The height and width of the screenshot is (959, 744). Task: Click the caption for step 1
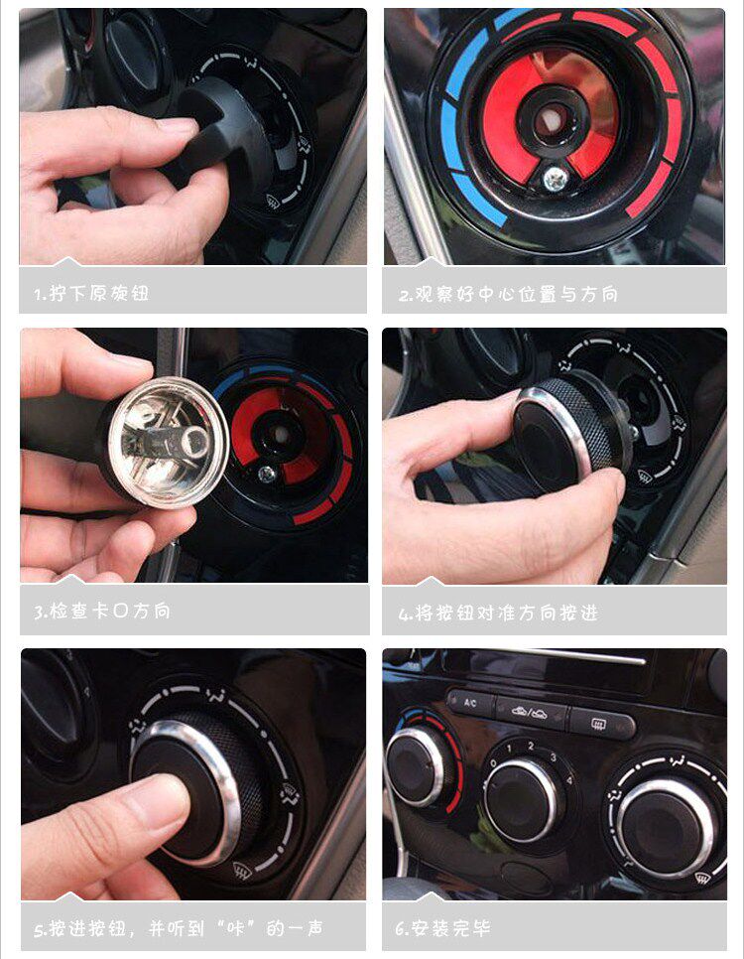(91, 293)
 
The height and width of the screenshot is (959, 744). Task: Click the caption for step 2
(508, 294)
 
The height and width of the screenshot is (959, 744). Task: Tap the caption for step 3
(101, 611)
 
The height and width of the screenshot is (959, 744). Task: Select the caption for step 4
(498, 613)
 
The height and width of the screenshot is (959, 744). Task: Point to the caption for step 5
(179, 928)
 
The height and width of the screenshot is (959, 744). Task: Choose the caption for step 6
(442, 928)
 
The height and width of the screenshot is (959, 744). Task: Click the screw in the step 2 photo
(557, 178)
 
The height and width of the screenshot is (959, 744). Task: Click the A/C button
(471, 703)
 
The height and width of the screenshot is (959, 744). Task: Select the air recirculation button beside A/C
(531, 713)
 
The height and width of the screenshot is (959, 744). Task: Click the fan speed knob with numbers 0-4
(522, 792)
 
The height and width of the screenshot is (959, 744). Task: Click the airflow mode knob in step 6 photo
(666, 827)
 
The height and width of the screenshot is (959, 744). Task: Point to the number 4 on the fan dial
(569, 780)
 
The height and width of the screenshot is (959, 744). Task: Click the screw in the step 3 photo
(267, 473)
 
